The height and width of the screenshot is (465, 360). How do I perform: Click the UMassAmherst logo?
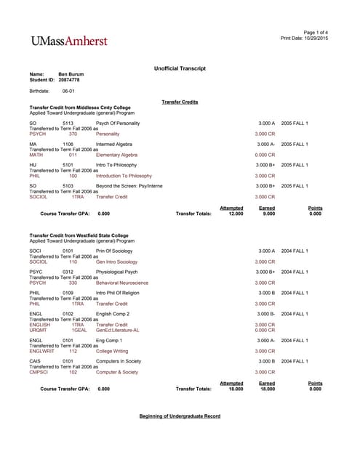[68, 41]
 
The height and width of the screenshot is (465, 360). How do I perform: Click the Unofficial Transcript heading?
[180, 68]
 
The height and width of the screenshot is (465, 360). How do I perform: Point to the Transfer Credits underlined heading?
[180, 102]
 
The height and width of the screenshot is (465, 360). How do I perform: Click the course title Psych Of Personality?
[118, 124]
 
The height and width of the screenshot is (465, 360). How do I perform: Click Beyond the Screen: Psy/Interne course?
[129, 186]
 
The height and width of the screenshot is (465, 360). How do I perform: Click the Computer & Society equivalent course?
[117, 372]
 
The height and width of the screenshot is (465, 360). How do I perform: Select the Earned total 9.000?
[268, 214]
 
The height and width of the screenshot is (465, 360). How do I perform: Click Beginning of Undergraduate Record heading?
[180, 416]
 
